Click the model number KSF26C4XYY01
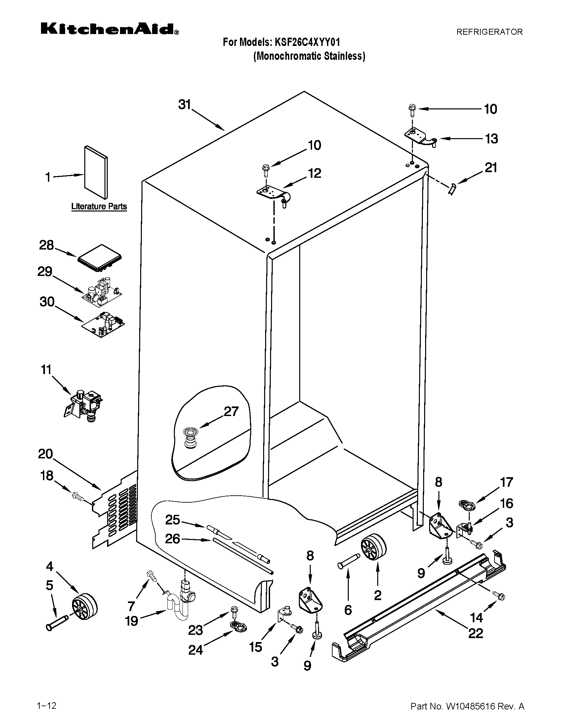pyautogui.click(x=307, y=42)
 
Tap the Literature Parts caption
pyautogui.click(x=99, y=207)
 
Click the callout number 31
pyautogui.click(x=184, y=104)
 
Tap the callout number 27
pyautogui.click(x=231, y=411)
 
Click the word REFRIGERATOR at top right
pyautogui.click(x=489, y=32)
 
